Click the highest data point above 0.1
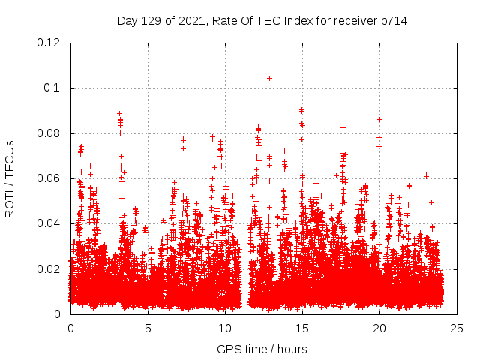point(269,78)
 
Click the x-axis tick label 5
point(148,328)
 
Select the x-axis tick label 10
point(225,328)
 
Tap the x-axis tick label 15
point(302,328)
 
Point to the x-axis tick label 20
point(379,328)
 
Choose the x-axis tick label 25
point(457,328)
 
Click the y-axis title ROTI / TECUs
point(10,178)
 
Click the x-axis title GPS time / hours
point(262,349)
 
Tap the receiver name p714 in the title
point(393,20)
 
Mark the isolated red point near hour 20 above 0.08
point(379,119)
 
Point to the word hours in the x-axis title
point(291,349)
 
